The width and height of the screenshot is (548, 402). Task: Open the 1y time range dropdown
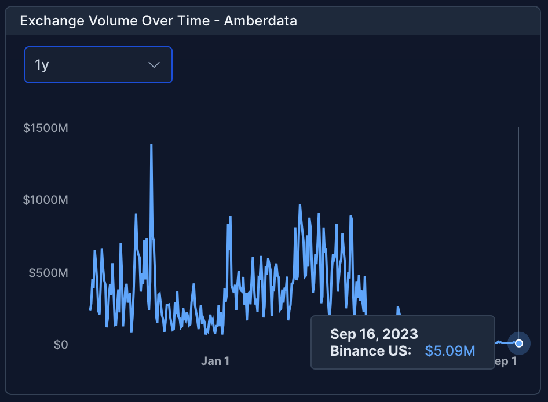tap(98, 64)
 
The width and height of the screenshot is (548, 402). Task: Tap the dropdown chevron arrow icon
tap(154, 64)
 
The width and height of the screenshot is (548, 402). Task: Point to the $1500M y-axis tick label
tap(46, 128)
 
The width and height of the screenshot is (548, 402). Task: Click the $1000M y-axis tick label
tap(46, 200)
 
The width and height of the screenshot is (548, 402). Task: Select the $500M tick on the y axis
tap(49, 272)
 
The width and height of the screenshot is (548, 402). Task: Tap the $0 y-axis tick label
tap(61, 345)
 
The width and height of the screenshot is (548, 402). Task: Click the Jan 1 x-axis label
tap(215, 361)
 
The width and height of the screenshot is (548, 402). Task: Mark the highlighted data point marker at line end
tap(519, 343)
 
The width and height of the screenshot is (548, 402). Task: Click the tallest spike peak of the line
tap(151, 145)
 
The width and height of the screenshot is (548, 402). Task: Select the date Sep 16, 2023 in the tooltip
tap(374, 334)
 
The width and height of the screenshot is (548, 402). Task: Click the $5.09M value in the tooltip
tap(450, 350)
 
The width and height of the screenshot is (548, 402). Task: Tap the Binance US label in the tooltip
tap(371, 350)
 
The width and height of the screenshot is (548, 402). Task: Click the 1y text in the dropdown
tap(42, 64)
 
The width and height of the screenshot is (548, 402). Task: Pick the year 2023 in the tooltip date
tap(400, 334)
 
